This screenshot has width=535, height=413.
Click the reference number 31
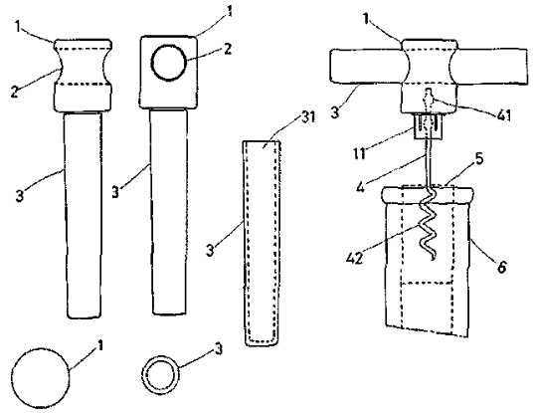[x=308, y=117]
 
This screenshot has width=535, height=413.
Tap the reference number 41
[x=504, y=115]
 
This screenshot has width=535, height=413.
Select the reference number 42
[x=355, y=259]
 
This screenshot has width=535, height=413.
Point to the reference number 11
[x=359, y=153]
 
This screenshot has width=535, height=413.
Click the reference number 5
[x=479, y=159]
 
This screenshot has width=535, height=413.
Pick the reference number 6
[x=501, y=267]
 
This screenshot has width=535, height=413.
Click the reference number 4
[x=361, y=186]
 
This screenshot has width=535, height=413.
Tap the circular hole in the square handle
[x=169, y=63]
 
